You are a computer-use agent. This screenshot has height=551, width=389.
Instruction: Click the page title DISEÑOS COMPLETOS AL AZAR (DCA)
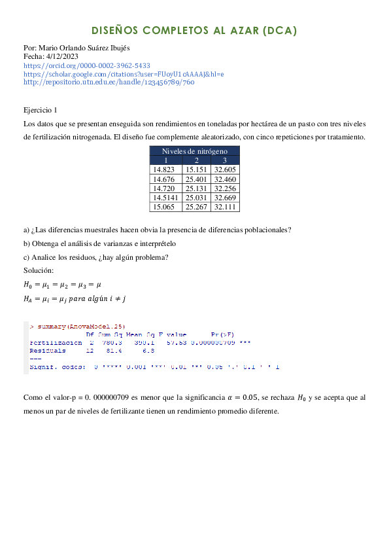click(x=194, y=31)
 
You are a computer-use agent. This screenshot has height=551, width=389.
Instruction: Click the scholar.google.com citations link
click(x=124, y=74)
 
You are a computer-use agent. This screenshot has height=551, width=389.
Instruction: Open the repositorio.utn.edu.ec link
click(x=109, y=82)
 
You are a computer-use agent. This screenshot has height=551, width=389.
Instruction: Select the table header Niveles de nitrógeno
click(x=194, y=151)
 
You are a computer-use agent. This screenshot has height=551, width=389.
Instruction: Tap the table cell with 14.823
click(x=165, y=169)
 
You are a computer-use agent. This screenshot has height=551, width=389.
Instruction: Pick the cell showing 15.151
click(x=196, y=169)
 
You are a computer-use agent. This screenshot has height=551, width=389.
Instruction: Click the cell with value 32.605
click(x=224, y=169)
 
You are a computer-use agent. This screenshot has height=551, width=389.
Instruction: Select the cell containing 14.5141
click(x=165, y=197)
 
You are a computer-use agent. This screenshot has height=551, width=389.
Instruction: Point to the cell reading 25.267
click(x=196, y=206)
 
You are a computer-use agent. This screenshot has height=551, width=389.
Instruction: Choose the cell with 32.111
click(x=224, y=206)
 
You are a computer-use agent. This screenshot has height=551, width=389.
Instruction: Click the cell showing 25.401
click(x=196, y=179)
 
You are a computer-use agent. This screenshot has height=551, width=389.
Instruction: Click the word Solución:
click(x=39, y=270)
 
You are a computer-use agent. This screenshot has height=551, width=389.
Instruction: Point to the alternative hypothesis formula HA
click(x=74, y=298)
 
